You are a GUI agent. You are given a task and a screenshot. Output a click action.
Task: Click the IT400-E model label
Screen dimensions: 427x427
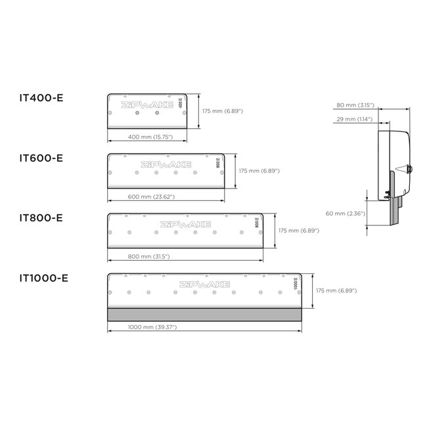41,98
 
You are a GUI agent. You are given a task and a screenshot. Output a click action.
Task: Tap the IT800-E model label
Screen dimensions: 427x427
41,217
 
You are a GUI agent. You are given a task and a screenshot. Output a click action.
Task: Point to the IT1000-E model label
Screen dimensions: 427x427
44,277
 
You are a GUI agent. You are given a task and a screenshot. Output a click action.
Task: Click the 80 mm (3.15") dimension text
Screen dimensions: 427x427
355,104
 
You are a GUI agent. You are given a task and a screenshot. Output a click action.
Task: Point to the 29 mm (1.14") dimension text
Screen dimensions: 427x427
355,119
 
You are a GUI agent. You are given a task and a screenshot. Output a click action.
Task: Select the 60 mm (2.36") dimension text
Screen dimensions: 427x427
345,213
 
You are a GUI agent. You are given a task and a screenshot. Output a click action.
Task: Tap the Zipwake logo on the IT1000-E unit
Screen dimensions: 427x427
204,284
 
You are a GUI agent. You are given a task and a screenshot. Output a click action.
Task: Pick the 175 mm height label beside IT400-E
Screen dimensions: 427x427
223,111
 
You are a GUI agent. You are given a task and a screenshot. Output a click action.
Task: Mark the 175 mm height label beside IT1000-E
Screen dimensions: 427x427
338,290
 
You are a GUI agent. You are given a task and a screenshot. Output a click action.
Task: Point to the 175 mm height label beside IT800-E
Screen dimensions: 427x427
299,231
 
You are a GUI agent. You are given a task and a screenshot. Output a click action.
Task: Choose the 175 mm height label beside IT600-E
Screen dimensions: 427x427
259,171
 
